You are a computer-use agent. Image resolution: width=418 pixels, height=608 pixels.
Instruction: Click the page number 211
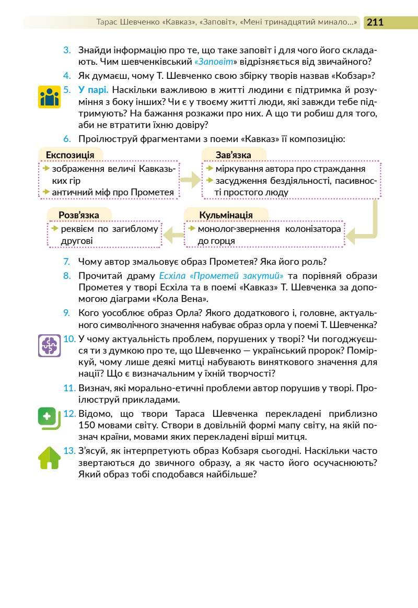click(x=375, y=22)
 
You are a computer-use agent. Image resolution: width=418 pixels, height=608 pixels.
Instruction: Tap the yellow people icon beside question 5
click(x=50, y=97)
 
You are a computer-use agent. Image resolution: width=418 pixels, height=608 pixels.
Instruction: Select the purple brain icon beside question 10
click(x=50, y=346)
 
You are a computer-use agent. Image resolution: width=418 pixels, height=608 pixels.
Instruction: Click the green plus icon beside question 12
click(x=48, y=417)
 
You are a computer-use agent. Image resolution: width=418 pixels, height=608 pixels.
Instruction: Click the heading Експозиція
click(x=70, y=155)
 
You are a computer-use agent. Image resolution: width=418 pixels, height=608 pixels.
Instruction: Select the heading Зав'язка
click(x=233, y=155)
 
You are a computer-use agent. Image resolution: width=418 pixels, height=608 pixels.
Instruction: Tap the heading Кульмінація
click(x=226, y=215)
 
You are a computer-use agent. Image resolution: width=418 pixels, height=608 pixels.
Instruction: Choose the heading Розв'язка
click(x=78, y=215)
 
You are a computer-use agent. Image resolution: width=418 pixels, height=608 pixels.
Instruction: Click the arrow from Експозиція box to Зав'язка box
click(x=190, y=180)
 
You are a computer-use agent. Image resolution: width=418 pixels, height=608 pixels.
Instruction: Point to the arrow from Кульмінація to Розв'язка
click(x=172, y=236)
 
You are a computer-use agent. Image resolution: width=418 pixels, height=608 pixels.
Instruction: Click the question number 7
click(x=66, y=262)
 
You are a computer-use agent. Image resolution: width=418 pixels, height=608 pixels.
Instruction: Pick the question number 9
click(x=66, y=312)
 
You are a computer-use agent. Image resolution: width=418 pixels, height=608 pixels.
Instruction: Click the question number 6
click(x=66, y=139)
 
